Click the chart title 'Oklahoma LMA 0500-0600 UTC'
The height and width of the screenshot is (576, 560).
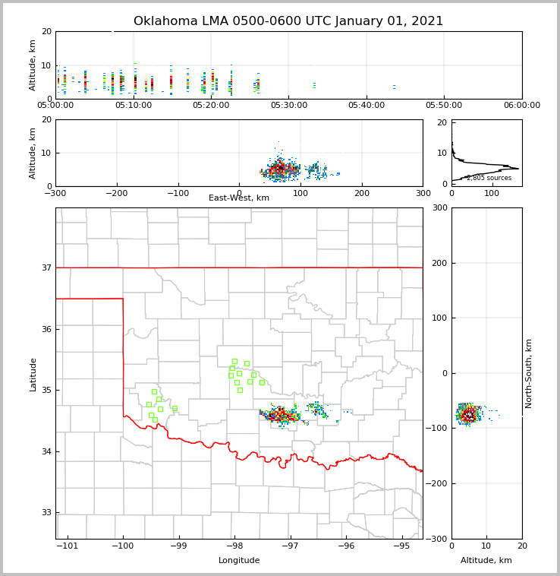click(x=288, y=21)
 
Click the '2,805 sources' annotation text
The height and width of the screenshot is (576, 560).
click(x=489, y=178)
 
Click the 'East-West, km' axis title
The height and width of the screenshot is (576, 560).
click(x=239, y=198)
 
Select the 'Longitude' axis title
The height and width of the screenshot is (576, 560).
click(x=239, y=561)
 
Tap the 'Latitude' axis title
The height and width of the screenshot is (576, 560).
click(x=33, y=374)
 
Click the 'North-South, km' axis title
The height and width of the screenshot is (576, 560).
click(x=529, y=374)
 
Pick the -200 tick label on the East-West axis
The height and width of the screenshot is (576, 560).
click(x=116, y=193)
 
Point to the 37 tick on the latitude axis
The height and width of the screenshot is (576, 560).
click(x=46, y=267)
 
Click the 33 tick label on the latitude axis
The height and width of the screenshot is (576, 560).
click(x=46, y=513)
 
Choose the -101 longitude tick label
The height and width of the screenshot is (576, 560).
click(x=67, y=546)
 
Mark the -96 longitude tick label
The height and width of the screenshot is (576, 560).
click(x=345, y=546)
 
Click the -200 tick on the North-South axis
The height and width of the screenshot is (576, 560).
click(x=438, y=484)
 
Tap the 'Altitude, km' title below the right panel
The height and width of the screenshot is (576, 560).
click(x=486, y=561)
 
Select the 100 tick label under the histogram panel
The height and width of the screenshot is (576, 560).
click(x=492, y=193)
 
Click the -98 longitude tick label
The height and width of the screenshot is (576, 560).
click(x=234, y=546)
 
